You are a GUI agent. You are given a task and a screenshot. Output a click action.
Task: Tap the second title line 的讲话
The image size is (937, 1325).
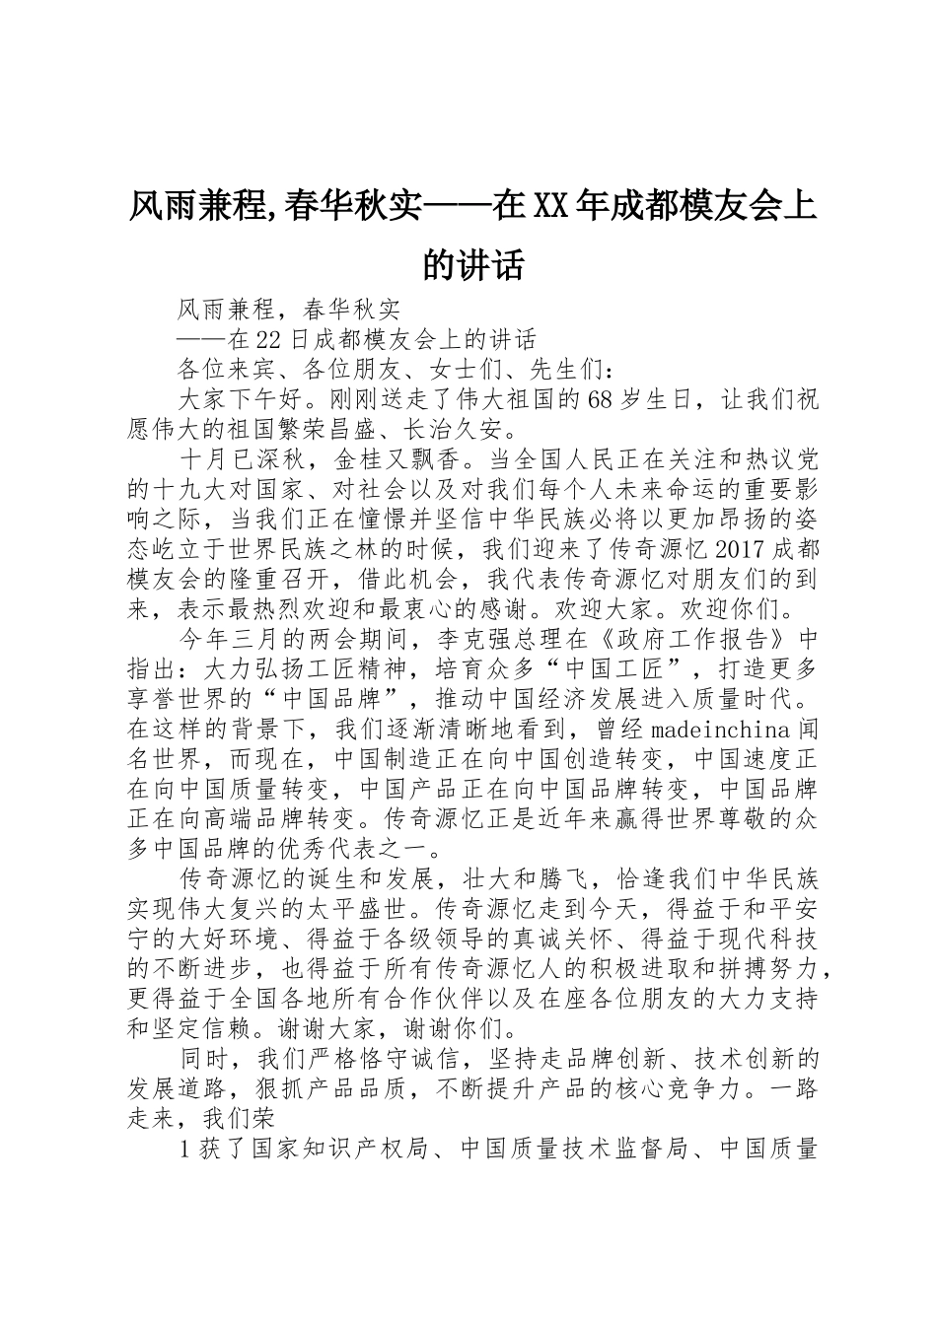(x=471, y=264)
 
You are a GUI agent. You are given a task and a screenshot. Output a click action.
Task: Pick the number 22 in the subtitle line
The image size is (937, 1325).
(x=268, y=340)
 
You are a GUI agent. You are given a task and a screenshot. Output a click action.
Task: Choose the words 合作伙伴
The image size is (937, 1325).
(x=516, y=997)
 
